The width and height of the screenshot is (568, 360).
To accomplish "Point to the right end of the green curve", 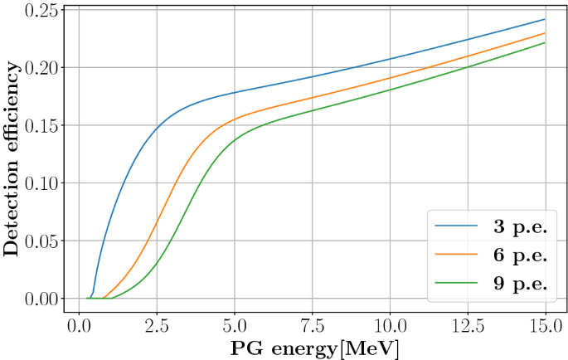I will [545, 42].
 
